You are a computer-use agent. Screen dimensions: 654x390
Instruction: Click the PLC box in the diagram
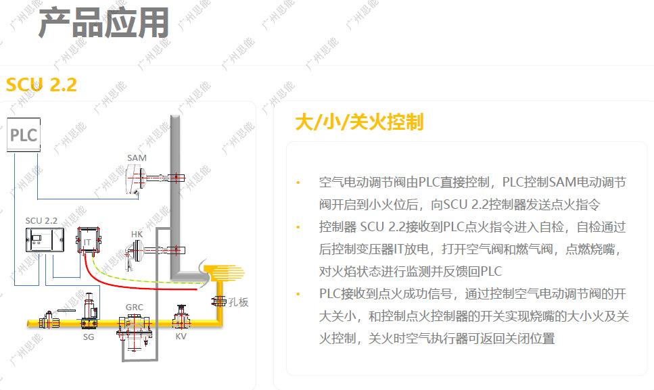(x=22, y=134)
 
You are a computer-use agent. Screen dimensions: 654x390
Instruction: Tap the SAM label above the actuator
(x=137, y=158)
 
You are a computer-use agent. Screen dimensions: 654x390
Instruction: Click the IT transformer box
(x=87, y=241)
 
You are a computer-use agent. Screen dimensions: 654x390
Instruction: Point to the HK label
(x=137, y=235)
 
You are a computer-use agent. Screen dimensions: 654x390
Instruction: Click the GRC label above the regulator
(x=134, y=307)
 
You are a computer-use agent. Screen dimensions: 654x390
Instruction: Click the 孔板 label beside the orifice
(x=238, y=302)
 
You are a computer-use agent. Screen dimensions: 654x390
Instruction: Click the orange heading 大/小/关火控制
(x=359, y=122)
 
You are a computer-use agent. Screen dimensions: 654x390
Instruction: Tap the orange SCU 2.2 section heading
(x=41, y=85)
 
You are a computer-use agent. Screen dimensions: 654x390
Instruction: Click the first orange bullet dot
(x=297, y=183)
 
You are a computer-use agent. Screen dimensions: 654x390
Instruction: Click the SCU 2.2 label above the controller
(x=42, y=220)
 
